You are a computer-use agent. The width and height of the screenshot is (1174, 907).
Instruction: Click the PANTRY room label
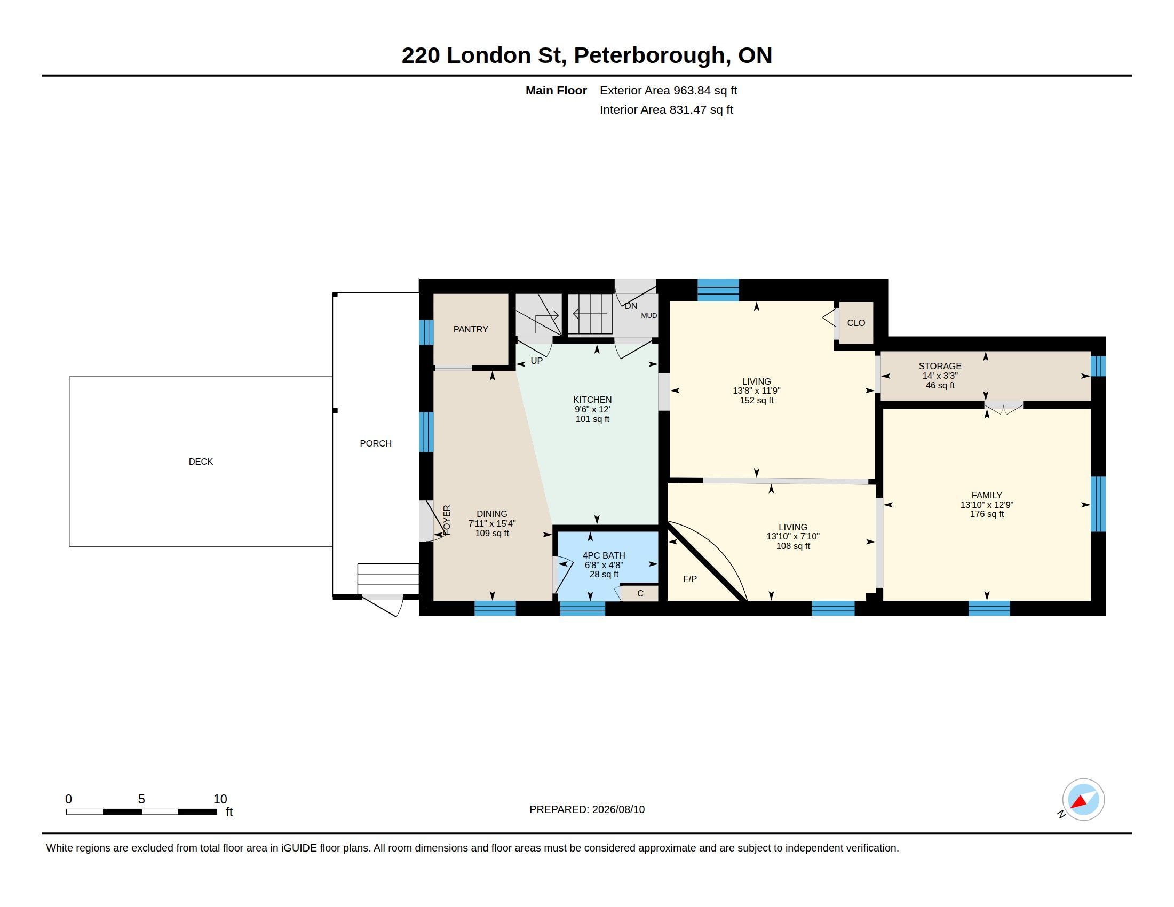470,329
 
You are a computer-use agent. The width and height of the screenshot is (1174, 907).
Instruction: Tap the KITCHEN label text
592,400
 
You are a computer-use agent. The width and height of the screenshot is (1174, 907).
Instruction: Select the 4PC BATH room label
604,555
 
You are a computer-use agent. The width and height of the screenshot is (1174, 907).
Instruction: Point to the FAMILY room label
986,496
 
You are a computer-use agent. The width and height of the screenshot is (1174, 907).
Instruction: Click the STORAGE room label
940,367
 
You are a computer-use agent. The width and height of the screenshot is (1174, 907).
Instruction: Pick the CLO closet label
856,323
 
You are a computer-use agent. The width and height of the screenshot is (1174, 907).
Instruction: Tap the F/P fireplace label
690,579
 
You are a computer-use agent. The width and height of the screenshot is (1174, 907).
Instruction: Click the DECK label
201,462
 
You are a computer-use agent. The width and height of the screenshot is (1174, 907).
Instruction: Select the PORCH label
376,443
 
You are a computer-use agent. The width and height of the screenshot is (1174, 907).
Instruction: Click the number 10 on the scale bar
220,799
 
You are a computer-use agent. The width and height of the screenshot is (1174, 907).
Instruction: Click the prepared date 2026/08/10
618,809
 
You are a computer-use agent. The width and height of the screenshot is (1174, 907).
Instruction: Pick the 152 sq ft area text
756,400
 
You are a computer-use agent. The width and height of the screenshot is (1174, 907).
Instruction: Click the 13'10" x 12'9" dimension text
986,505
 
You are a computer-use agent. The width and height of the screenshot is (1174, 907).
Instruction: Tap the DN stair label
631,306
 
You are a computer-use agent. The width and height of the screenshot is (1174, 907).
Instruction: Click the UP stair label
536,361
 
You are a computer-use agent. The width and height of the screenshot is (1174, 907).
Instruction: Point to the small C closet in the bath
640,593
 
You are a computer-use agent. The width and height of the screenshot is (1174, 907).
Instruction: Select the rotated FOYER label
447,520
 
